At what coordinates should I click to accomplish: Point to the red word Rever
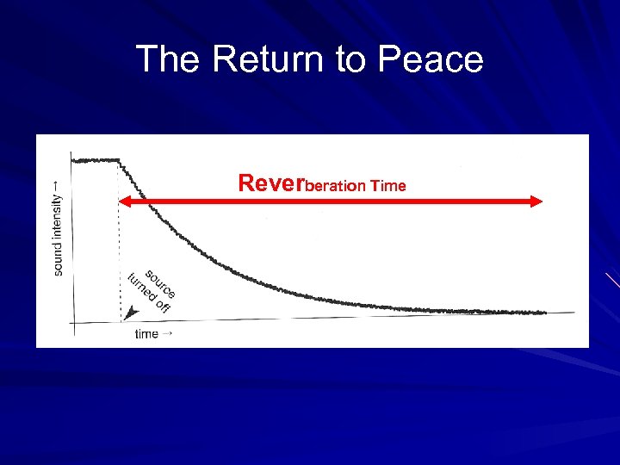[x=271, y=183]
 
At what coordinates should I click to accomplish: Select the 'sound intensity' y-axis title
[x=58, y=228]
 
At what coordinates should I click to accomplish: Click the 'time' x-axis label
[x=146, y=334]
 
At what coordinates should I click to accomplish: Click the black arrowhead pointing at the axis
[x=129, y=314]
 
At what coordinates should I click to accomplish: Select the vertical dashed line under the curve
[x=119, y=250]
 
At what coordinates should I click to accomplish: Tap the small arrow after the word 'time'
[x=167, y=333]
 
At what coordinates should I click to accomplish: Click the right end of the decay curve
[x=544, y=313]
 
